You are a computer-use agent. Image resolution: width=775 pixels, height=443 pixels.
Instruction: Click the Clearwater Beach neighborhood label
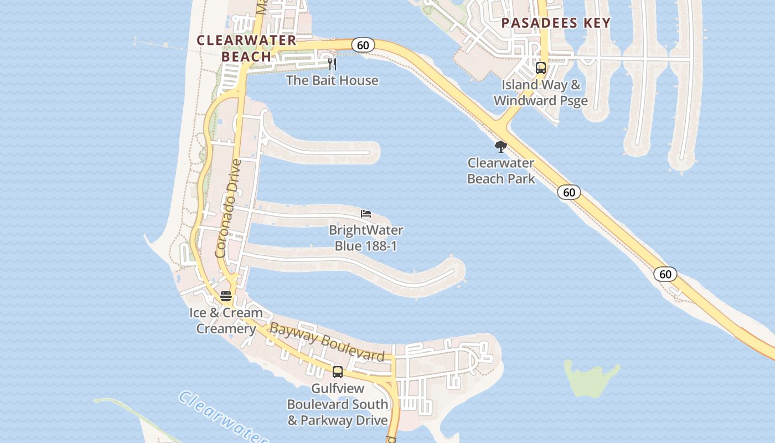click(x=246, y=48)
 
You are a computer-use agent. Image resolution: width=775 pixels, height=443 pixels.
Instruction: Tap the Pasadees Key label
click(x=556, y=23)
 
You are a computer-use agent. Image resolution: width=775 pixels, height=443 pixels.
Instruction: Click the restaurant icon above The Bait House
click(x=332, y=64)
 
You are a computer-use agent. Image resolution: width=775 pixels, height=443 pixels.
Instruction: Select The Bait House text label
click(x=332, y=80)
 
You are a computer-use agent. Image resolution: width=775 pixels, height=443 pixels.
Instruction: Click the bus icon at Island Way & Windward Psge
click(x=541, y=68)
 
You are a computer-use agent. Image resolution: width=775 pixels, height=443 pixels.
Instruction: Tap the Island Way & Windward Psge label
click(x=541, y=93)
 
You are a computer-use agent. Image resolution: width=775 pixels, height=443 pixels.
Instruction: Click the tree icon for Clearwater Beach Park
click(x=501, y=147)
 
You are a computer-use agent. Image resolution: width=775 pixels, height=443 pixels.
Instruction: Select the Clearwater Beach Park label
click(x=501, y=171)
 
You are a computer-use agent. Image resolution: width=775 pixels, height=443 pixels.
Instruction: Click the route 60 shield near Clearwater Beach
click(x=363, y=45)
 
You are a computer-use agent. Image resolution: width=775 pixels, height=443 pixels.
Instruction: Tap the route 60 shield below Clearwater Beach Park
click(x=569, y=192)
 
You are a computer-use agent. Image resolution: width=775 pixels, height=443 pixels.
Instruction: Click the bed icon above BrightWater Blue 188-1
click(x=365, y=214)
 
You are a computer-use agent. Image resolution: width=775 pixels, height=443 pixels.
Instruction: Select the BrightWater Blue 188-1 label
click(x=366, y=238)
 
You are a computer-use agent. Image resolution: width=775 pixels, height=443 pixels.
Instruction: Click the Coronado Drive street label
click(x=229, y=209)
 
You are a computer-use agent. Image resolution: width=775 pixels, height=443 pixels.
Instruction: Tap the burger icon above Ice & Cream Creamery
click(x=225, y=296)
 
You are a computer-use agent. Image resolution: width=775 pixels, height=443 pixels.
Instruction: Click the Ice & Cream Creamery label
click(x=226, y=321)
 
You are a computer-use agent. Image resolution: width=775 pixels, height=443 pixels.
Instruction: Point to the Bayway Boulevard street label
click(x=327, y=343)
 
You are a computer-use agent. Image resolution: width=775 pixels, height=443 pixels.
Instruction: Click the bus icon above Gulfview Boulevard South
click(x=338, y=372)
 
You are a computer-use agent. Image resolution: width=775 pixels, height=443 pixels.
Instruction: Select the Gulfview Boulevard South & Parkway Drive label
click(x=338, y=405)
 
